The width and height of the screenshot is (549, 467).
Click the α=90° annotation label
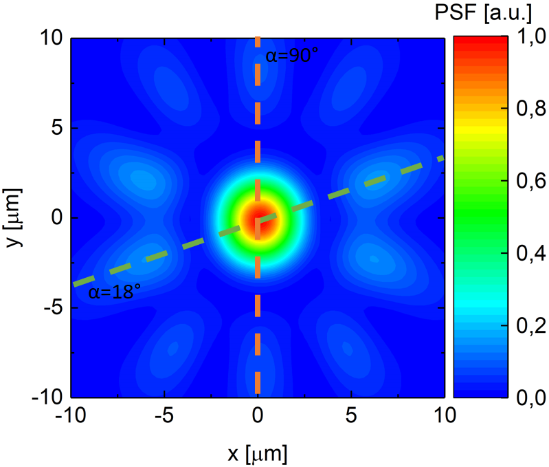coord(292,56)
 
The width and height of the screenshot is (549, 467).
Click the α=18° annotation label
coord(114,293)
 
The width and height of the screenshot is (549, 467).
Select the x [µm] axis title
coord(257,453)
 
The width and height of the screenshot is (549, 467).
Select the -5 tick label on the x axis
coord(164,416)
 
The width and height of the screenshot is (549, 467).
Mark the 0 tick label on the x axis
coord(258,416)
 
